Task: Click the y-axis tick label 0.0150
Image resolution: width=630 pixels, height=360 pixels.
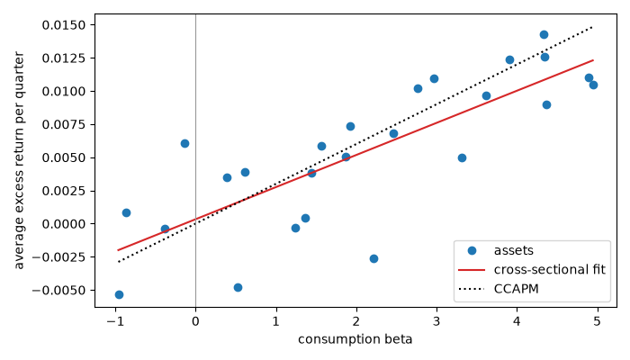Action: [x=64, y=25]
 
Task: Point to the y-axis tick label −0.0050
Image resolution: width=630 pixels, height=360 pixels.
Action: [x=59, y=290]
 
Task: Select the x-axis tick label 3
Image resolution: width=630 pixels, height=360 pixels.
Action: [x=436, y=321]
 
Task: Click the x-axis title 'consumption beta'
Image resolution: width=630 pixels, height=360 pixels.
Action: [x=355, y=339]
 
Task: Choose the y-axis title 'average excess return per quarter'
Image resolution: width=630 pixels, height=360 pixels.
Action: [x=19, y=160]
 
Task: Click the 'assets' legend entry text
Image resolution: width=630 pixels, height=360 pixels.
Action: [x=514, y=250]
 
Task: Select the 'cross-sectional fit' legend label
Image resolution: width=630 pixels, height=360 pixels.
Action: [x=549, y=269]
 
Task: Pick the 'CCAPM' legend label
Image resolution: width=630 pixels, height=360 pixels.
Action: [x=516, y=289]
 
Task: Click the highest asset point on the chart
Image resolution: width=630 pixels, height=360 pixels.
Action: [x=544, y=34]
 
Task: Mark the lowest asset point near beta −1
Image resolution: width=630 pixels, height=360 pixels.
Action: [x=119, y=295]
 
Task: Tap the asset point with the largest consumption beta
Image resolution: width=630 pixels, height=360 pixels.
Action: [x=593, y=85]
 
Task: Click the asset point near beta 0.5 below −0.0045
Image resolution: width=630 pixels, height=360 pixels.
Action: [x=238, y=288]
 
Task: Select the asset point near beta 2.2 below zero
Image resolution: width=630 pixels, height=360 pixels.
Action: [x=373, y=259]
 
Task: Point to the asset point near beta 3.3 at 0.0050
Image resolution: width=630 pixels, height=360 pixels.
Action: [x=462, y=157]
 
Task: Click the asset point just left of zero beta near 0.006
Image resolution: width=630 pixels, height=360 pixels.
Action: [x=184, y=143]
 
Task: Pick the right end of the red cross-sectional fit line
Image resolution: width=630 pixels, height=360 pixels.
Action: [x=593, y=60]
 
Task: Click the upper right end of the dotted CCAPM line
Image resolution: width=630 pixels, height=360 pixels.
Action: [x=592, y=27]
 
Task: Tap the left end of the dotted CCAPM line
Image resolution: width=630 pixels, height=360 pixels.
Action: [x=119, y=262]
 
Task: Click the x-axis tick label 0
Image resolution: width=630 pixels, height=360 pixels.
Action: [x=195, y=321]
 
